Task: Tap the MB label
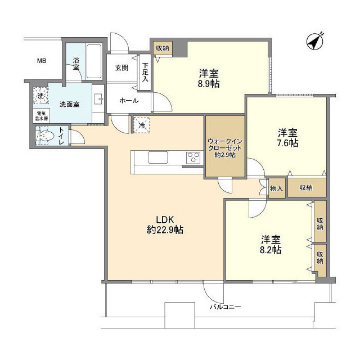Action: tap(42, 61)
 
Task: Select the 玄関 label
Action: tap(122, 67)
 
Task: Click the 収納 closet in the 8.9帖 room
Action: tap(163, 48)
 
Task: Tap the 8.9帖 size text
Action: tap(208, 84)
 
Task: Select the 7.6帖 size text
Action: tap(287, 143)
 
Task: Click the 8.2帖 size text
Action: tap(271, 250)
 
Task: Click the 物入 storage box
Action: tap(276, 188)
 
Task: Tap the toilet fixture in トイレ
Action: tap(45, 136)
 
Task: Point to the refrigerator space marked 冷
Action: tap(141, 125)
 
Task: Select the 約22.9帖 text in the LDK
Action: tap(161, 229)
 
